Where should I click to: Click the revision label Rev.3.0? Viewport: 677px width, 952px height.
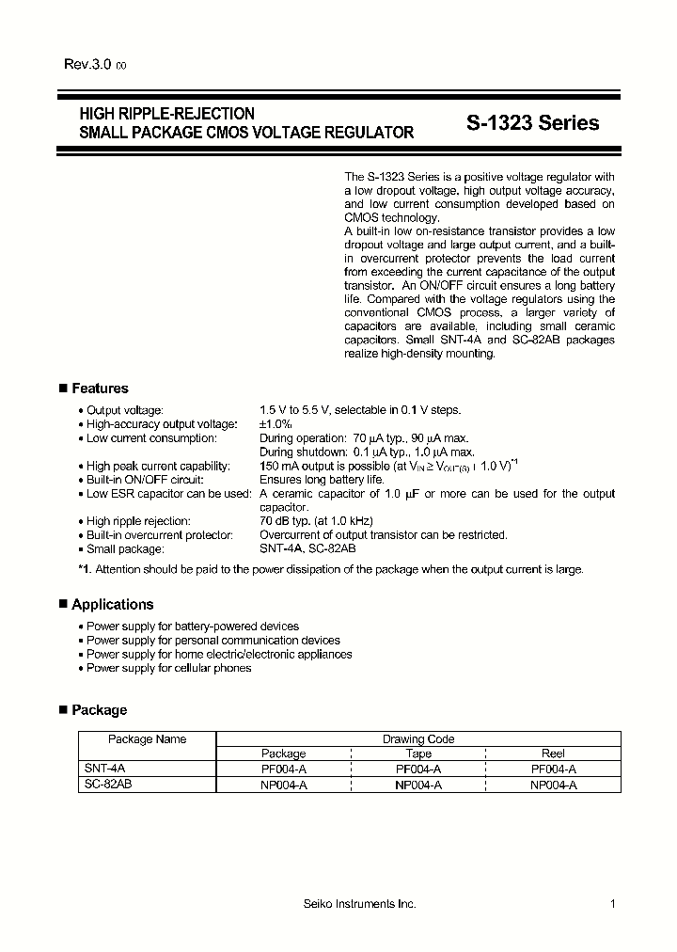[x=88, y=65]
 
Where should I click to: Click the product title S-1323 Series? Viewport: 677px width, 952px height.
[x=532, y=123]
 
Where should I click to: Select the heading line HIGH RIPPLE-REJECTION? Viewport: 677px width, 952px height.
[x=166, y=114]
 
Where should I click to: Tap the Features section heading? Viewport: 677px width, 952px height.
[x=100, y=389]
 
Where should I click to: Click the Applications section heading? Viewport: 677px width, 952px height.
[x=112, y=605]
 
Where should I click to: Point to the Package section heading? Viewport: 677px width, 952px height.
[x=99, y=710]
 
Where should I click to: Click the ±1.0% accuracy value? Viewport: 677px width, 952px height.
[x=276, y=424]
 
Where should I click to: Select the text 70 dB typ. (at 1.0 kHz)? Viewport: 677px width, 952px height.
[x=316, y=521]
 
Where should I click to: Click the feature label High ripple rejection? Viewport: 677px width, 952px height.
[x=138, y=521]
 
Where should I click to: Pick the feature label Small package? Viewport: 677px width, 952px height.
[x=125, y=548]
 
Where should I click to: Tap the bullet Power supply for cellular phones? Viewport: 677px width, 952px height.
[x=168, y=668]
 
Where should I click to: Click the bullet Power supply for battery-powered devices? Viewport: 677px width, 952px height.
[x=192, y=627]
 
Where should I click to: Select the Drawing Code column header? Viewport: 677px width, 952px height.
[x=417, y=739]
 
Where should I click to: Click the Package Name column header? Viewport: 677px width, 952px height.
[x=147, y=739]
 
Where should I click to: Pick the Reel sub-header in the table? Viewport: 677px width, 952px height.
[x=553, y=754]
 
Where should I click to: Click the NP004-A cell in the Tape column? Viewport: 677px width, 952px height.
[x=418, y=785]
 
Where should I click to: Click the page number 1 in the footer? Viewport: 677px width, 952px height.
[x=612, y=904]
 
